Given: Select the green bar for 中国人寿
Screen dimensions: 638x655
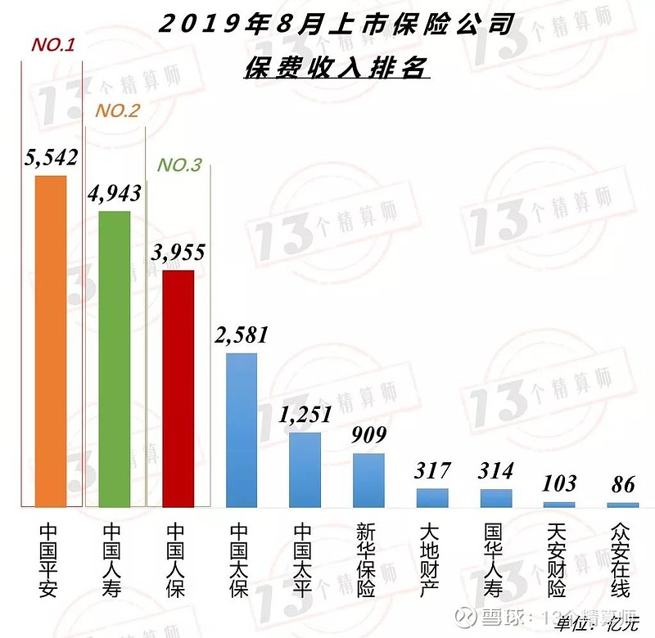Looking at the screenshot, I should point(115,360).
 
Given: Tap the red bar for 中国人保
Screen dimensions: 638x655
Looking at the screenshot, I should point(178,389).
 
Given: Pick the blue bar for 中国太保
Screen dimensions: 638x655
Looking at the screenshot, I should point(242,430).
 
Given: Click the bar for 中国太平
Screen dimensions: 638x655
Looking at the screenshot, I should point(305,470).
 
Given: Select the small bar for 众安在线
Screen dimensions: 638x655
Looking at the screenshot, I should point(623,505).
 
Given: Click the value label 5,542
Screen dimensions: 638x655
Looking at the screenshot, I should point(51,157).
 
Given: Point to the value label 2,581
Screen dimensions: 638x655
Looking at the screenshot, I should point(242,335).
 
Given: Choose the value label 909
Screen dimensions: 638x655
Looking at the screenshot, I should point(368,434).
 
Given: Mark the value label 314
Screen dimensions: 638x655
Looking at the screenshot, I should point(496,470).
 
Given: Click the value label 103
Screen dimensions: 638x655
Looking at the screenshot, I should point(559,483).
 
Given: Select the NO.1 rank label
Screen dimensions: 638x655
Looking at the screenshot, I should point(53,45).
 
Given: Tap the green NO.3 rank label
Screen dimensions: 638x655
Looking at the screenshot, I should point(179,165).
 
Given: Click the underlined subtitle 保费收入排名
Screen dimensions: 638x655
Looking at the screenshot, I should point(336,67).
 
